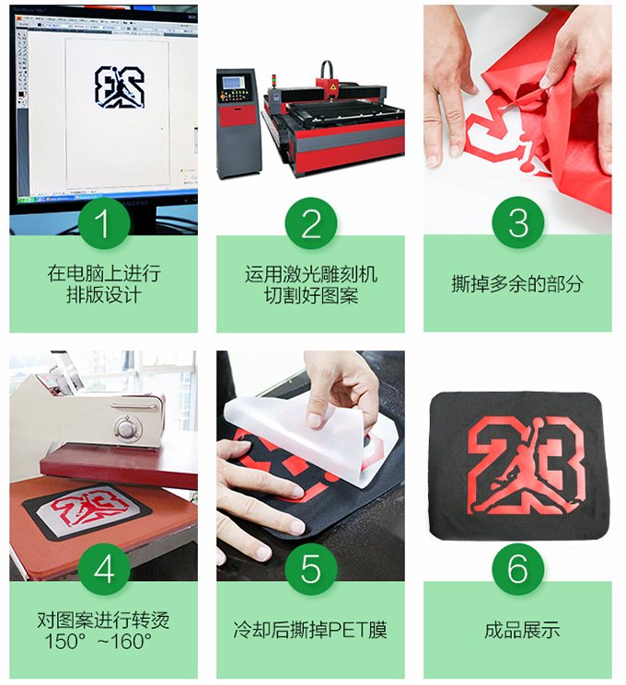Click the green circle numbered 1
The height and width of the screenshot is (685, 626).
pos(104,223)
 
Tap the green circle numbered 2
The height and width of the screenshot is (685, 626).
pos(311,223)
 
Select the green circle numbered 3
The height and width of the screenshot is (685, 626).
pos(518,223)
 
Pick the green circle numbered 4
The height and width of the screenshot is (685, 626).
pos(104,569)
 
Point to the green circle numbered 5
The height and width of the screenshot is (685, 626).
pos(311,569)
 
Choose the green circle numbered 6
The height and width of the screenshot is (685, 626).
pos(518,569)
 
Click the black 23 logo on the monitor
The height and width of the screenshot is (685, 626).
pos(120,87)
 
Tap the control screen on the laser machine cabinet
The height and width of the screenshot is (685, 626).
pos(234,83)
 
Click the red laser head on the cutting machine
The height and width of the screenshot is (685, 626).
pos(330,88)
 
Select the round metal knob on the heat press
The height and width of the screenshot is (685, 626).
pos(128,426)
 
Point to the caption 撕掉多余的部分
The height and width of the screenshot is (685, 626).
pos(517,283)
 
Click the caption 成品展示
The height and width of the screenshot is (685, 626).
pos(522,630)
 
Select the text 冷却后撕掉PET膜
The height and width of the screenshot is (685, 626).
pos(310,630)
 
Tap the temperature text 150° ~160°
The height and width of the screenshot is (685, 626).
pos(98,641)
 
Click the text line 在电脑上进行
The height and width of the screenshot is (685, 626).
pos(104,273)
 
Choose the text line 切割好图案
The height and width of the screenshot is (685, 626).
pos(311,296)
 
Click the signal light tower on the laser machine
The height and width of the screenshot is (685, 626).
pos(274,82)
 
